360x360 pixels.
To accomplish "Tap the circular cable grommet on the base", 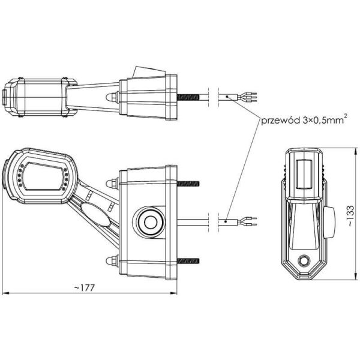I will (x=148, y=221).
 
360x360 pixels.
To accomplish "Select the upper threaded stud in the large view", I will (x=187, y=182).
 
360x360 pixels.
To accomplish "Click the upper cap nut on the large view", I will (x=110, y=182).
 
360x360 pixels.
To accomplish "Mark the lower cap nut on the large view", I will (x=110, y=260).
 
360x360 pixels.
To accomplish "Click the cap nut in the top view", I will (x=110, y=96).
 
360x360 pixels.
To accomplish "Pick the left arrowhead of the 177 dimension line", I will (x=5, y=293).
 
